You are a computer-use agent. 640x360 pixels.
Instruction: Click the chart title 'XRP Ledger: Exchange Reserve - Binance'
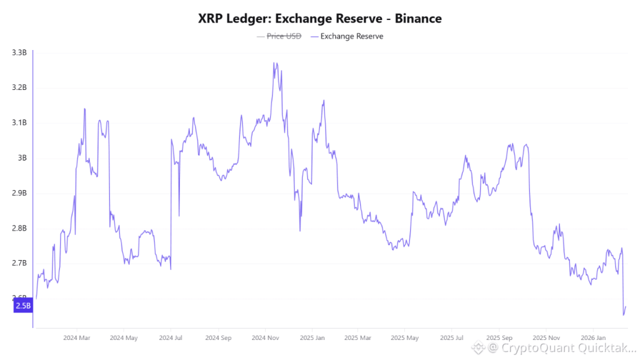click(x=319, y=19)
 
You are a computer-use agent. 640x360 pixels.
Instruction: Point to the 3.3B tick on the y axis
click(x=19, y=52)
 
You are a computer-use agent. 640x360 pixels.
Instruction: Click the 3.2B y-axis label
click(x=19, y=87)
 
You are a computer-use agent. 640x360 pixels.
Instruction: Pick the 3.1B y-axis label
click(x=19, y=122)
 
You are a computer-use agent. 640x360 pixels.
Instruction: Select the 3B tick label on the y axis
click(x=22, y=157)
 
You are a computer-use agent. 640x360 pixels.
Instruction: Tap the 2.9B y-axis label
click(x=19, y=193)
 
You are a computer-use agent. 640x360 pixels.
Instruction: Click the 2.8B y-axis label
click(x=19, y=228)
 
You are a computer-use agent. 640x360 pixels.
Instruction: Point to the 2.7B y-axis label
click(x=19, y=263)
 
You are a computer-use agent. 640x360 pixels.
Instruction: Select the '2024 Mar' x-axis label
click(x=76, y=338)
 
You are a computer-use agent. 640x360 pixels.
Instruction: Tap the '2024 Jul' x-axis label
click(x=170, y=338)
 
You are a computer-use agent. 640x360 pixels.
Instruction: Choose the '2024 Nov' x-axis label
click(x=264, y=338)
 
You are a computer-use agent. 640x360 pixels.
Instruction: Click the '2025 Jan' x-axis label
click(x=311, y=338)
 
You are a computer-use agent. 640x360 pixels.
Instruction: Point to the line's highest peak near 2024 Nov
click(x=275, y=63)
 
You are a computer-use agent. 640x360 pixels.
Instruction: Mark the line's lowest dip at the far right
click(x=623, y=314)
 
